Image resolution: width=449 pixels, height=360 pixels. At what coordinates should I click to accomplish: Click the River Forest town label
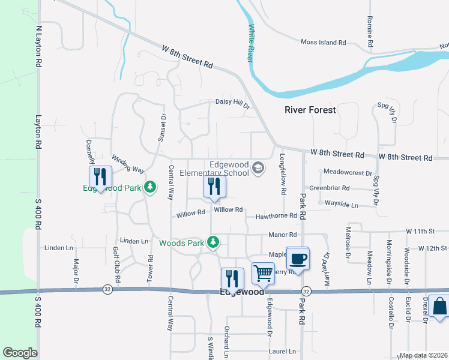[x=310, y=110]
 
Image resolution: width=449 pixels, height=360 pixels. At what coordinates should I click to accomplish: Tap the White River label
[x=251, y=43]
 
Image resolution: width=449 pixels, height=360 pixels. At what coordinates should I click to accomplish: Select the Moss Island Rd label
[x=324, y=43]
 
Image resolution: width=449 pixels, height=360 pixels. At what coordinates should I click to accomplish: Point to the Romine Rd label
[x=369, y=32]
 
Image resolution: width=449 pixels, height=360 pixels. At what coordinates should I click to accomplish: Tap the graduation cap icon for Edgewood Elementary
[x=258, y=169]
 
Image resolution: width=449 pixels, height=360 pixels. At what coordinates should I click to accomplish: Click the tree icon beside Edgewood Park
[x=150, y=188]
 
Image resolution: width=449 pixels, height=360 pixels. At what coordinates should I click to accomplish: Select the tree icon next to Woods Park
[x=212, y=242]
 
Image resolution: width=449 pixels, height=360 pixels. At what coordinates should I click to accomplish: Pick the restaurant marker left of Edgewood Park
[x=100, y=176]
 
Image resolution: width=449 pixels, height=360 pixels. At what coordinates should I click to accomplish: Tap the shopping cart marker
[x=263, y=273]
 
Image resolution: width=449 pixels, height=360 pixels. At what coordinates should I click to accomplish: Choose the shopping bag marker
[x=439, y=306]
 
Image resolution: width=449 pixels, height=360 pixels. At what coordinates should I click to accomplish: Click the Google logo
[x=20, y=353]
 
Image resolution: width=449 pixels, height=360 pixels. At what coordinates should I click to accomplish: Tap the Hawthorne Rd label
[x=276, y=216]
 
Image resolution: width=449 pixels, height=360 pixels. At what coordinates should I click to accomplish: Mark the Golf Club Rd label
[x=118, y=264]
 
